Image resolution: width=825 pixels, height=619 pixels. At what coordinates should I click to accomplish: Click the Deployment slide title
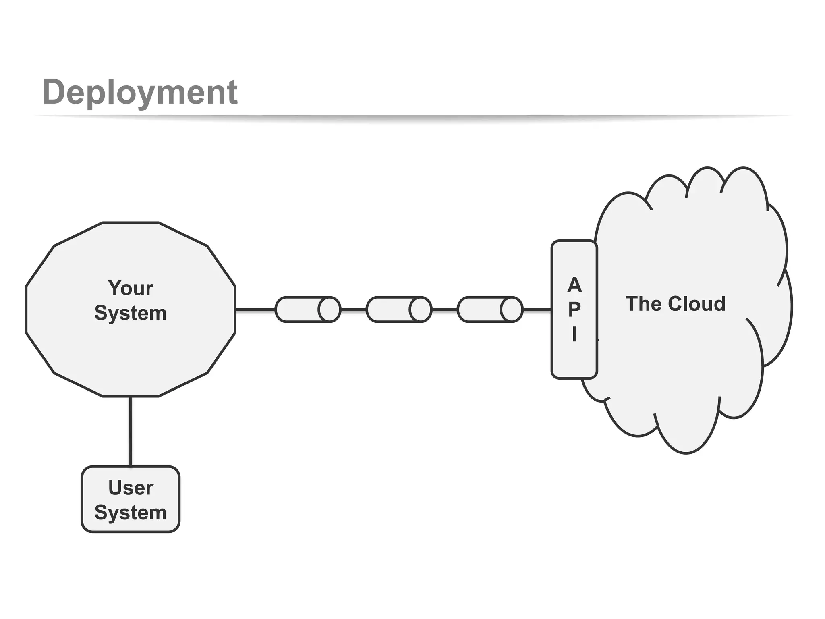(140, 93)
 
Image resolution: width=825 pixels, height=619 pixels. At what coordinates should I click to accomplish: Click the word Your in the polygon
(131, 288)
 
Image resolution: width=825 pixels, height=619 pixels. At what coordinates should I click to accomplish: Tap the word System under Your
(131, 313)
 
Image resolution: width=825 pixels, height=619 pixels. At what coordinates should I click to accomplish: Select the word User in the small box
(131, 488)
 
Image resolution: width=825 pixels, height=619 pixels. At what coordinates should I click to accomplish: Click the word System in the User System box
(131, 513)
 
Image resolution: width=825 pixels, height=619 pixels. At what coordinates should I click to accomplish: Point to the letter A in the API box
(574, 285)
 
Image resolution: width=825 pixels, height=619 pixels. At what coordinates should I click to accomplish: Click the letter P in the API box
(574, 309)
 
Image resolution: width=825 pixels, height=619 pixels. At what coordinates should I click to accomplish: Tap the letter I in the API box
(574, 334)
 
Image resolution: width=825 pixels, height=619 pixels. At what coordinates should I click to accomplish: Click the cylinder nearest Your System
(308, 309)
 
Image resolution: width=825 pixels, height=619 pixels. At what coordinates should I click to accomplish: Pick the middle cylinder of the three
(399, 309)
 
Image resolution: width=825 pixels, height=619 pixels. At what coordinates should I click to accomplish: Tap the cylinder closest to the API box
(490, 309)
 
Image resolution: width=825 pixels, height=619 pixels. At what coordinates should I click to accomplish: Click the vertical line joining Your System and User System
(131, 431)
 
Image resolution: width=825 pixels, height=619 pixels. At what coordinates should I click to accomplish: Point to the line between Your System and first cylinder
(255, 309)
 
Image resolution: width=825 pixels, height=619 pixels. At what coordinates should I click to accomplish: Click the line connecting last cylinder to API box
(537, 309)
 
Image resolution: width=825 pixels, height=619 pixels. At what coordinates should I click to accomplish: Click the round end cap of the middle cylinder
(420, 309)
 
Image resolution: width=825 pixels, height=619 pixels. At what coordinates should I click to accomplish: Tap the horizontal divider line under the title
(412, 116)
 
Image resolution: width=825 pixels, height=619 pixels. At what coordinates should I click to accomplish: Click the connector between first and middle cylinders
(354, 309)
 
